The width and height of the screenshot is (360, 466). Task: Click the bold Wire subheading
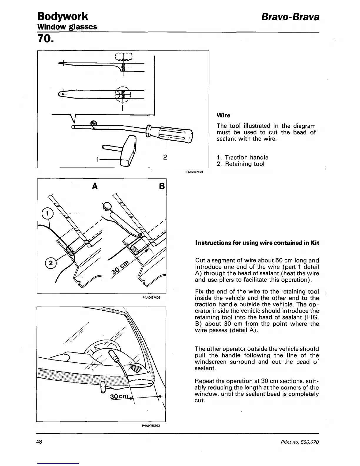click(223, 115)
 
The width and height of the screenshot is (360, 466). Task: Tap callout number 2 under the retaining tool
click(165, 157)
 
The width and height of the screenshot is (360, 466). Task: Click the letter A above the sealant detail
click(95, 186)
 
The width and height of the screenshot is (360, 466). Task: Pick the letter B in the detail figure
click(163, 187)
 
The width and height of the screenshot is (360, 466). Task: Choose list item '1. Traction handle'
click(242, 157)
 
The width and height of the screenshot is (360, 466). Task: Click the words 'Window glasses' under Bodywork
click(67, 27)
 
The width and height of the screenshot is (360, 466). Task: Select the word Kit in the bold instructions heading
click(314, 243)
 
